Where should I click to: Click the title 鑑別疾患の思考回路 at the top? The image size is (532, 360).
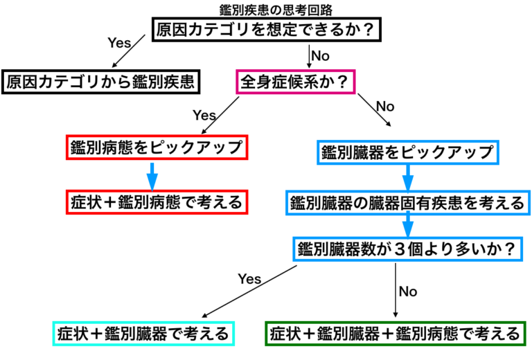click(266, 8)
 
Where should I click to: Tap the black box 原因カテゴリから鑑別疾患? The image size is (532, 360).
click(103, 82)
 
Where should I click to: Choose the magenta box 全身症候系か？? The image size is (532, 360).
click(296, 82)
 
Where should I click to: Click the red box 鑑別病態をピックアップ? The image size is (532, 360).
click(156, 147)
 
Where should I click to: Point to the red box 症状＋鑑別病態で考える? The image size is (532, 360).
click(156, 202)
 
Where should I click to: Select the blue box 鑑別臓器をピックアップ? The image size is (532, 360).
click(407, 151)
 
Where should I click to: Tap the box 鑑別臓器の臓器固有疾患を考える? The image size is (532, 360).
click(407, 203)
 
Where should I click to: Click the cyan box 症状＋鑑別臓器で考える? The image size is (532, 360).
click(145, 334)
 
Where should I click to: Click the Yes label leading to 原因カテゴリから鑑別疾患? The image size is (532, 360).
click(118, 42)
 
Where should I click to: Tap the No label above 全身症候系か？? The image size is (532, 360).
click(320, 55)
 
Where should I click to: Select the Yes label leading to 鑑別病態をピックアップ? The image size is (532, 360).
click(204, 115)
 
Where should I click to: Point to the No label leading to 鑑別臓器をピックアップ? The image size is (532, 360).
click(385, 107)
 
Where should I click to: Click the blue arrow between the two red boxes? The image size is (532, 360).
click(152, 174)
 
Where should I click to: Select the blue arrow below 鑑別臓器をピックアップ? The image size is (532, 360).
click(407, 178)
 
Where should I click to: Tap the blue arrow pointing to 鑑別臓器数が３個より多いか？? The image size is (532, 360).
click(407, 225)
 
